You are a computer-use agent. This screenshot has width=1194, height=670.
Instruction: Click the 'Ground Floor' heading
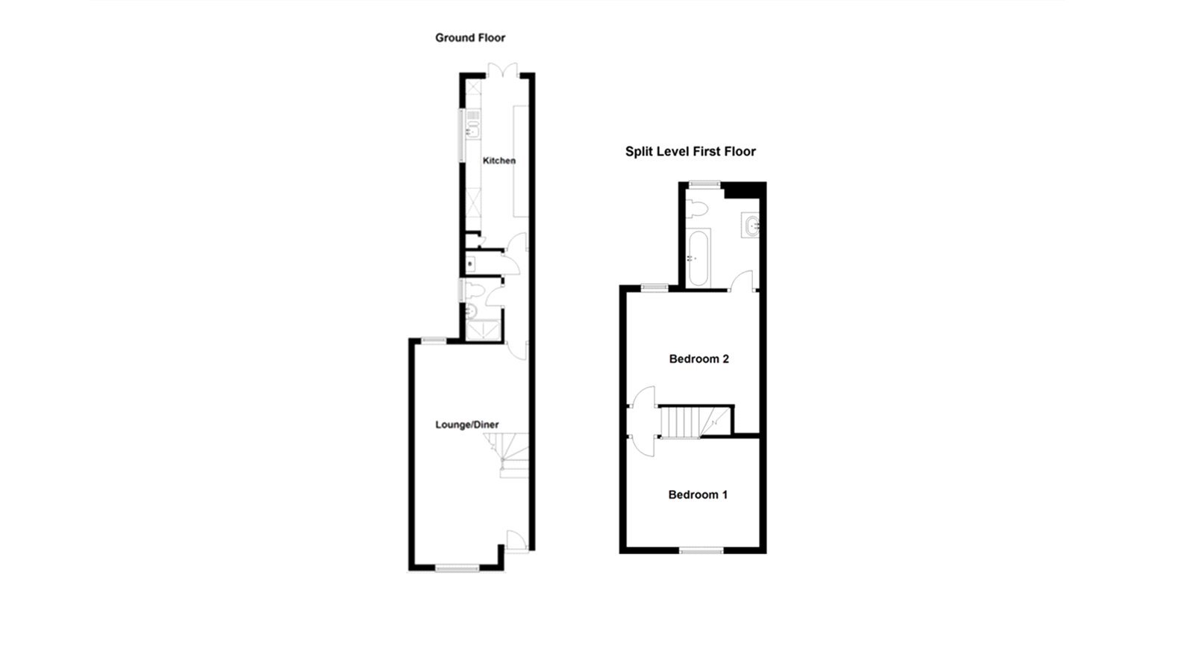click(x=470, y=37)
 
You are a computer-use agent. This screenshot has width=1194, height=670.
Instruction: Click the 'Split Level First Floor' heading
click(x=690, y=152)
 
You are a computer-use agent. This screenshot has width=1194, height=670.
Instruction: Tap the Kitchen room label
click(x=498, y=161)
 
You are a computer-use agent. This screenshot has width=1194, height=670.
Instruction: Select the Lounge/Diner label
click(x=467, y=425)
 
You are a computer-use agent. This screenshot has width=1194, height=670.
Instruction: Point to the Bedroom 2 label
click(x=698, y=359)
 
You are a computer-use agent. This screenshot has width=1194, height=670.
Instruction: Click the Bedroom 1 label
click(x=698, y=494)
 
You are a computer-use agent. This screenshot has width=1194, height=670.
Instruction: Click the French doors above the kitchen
click(x=503, y=70)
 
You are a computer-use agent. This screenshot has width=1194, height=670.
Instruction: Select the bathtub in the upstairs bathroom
click(x=699, y=258)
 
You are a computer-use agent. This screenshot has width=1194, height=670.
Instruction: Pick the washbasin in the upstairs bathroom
click(x=751, y=224)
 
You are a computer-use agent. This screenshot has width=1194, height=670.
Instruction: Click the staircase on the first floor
click(x=690, y=421)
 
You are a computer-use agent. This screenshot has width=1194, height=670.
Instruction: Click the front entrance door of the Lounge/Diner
click(x=516, y=542)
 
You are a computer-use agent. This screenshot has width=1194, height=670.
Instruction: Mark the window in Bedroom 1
click(x=701, y=550)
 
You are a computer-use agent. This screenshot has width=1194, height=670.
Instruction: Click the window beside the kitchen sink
click(x=461, y=134)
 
